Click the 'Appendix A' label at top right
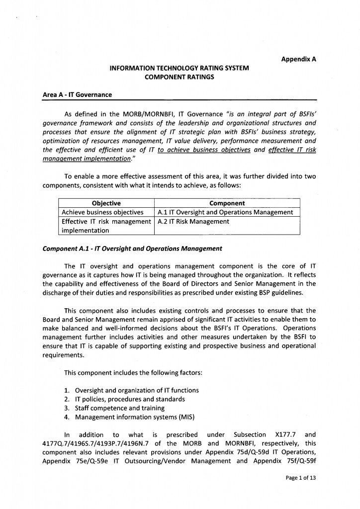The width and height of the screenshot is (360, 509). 299,59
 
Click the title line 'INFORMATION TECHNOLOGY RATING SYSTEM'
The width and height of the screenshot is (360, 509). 179,68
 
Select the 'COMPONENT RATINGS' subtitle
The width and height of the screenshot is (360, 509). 179,77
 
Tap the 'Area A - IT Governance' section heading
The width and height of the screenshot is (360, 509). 77,94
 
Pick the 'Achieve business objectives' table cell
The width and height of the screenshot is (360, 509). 102,212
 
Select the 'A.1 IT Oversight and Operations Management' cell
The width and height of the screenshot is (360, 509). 225,212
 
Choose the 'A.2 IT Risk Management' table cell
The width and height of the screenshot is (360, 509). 193,222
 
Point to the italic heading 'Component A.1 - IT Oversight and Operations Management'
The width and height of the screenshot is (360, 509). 132,249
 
